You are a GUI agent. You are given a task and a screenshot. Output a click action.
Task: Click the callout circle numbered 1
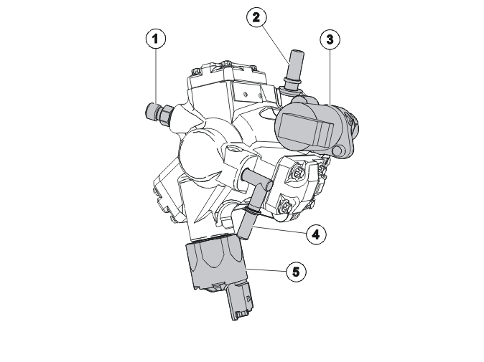pos(156,39)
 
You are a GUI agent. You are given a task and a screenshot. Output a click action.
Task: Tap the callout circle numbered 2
pos(256,17)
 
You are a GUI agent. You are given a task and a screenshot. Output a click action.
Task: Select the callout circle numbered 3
pos(330,39)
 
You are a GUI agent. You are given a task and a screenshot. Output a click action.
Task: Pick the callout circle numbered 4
pos(316,234)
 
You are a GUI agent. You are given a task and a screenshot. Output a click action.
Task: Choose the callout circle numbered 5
pos(296,272)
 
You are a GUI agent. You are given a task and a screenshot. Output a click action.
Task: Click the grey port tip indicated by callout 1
pos(152,111)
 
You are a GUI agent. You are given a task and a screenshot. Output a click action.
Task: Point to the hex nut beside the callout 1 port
pos(167,115)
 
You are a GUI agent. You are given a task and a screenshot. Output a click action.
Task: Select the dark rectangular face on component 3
pos(306,129)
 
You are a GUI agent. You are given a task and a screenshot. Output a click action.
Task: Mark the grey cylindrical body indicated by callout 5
pos(217,265)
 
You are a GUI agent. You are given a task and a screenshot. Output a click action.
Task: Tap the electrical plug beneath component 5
pos(241,303)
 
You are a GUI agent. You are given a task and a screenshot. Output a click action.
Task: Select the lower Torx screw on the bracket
pos(285,206)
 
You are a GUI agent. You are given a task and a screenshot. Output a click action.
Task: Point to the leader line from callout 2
pos(276,45)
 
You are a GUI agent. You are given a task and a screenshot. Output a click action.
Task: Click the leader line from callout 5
pos(266,270)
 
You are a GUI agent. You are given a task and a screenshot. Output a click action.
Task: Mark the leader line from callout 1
pos(156,77)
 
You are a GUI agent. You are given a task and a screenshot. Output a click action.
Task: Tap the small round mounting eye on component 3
pos(338,151)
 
